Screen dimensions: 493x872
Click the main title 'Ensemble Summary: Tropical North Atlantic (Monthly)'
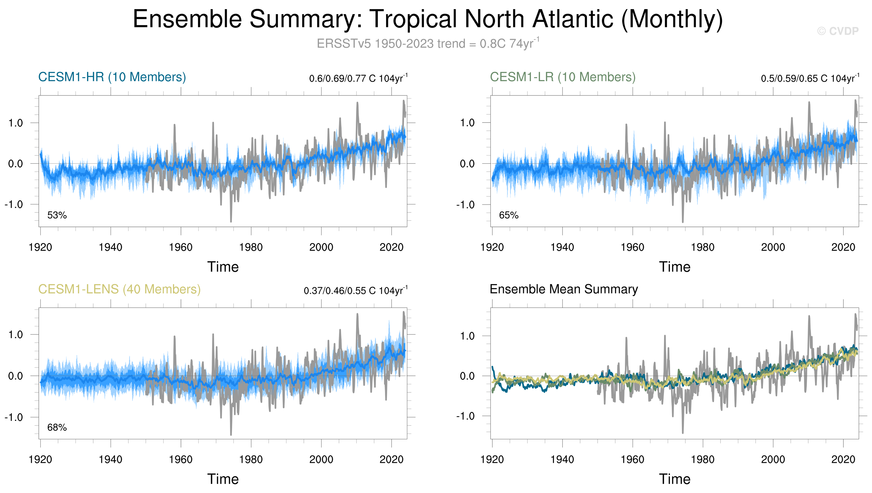point(428,19)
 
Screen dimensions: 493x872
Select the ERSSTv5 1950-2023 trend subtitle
point(428,44)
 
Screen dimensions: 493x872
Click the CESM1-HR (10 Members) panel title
point(112,77)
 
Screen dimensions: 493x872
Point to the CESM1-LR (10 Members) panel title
point(563,77)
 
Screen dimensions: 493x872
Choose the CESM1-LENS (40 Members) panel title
point(119,289)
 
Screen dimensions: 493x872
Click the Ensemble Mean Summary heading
point(564,289)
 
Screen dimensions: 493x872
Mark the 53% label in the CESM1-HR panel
point(57,215)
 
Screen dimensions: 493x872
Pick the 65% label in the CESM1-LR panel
point(509,215)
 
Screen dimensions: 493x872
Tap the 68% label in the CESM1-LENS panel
point(57,428)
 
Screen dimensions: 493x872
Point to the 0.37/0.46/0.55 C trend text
point(356,291)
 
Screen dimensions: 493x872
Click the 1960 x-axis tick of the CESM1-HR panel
point(181,247)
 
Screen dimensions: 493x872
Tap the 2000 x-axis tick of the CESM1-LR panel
point(773,247)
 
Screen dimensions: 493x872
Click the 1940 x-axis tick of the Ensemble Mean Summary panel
point(562,460)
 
